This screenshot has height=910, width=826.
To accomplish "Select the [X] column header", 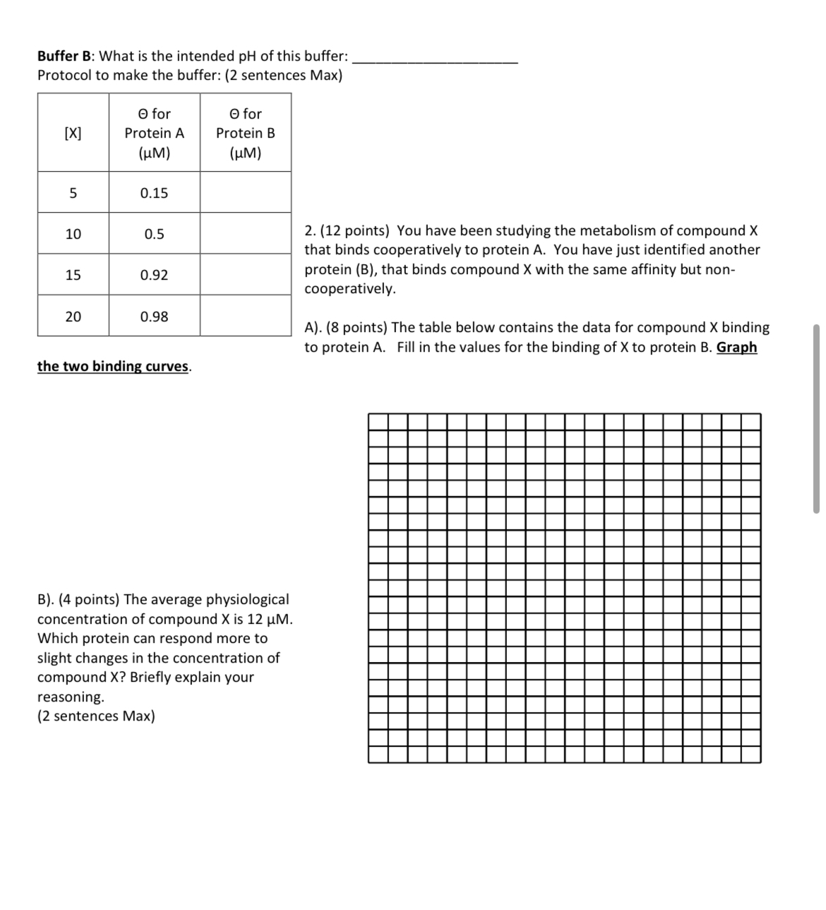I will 73,133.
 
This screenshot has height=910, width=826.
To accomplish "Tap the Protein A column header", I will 154,133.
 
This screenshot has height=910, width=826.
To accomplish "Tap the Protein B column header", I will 246,133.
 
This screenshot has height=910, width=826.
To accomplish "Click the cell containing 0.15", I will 154,193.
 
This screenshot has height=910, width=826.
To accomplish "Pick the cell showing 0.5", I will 154,234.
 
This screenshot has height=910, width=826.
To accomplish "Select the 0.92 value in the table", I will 154,275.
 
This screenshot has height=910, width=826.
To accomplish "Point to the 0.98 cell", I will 154,317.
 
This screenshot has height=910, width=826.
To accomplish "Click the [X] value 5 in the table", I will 73,193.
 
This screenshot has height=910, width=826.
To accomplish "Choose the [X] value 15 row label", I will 73,275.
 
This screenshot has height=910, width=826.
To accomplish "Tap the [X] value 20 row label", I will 73,317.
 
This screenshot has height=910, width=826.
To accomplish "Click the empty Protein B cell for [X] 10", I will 246,234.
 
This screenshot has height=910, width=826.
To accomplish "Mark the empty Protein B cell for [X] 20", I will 246,317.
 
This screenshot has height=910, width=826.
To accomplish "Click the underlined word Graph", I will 736,347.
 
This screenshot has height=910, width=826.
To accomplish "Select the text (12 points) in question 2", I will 356,230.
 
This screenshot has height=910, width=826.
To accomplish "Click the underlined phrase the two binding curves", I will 114,366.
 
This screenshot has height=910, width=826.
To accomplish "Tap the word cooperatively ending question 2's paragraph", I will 349,288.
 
